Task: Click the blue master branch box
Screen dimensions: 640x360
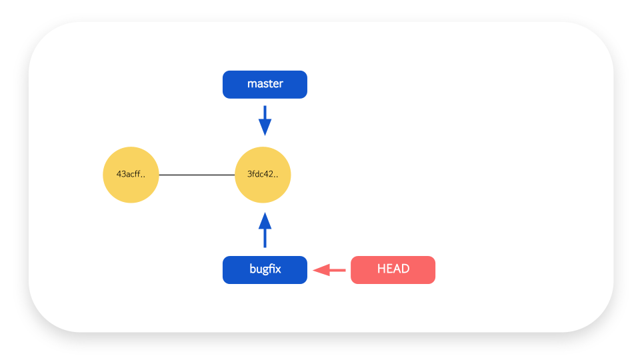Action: [x=265, y=85]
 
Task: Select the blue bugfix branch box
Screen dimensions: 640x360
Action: [x=265, y=270]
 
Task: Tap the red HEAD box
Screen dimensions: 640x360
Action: [x=393, y=270]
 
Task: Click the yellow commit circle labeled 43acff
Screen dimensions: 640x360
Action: [x=131, y=175]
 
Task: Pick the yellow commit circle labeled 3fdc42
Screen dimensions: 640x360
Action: [x=263, y=175]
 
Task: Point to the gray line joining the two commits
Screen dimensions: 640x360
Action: [x=197, y=175]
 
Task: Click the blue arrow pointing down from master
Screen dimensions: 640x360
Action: [x=265, y=121]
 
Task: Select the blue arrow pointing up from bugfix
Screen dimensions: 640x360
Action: [x=265, y=230]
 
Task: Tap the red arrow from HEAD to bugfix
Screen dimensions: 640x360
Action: [x=329, y=270]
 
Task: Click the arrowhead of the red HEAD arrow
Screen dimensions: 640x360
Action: [x=321, y=270]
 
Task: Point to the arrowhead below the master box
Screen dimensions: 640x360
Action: [x=265, y=127]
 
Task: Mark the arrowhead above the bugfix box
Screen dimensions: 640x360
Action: [x=265, y=221]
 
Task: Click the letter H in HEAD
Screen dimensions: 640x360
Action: [x=381, y=269]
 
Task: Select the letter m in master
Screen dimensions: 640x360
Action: [x=251, y=85]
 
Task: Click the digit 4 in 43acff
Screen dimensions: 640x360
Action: [x=119, y=174]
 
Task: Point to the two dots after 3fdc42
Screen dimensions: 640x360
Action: [x=275, y=177]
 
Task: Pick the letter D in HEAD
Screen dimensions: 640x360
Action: [x=405, y=269]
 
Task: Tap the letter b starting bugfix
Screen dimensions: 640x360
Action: [x=253, y=269]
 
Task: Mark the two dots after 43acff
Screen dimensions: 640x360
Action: [x=143, y=177]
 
